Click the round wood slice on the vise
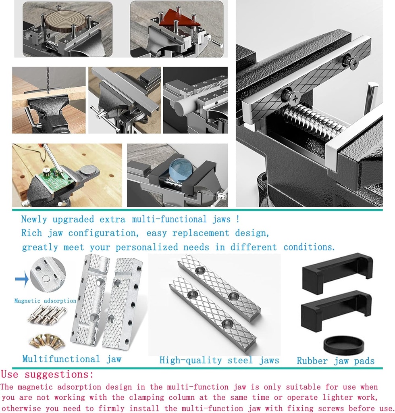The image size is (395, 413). pyautogui.click(x=66, y=22)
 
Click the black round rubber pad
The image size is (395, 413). pyautogui.click(x=344, y=345)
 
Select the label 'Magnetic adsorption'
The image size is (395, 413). pyautogui.click(x=45, y=300)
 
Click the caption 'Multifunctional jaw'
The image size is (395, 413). pyautogui.click(x=72, y=359)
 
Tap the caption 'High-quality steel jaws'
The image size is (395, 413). pyautogui.click(x=219, y=360)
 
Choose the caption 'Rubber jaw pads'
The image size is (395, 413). pyautogui.click(x=336, y=361)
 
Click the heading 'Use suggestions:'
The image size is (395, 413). pyautogui.click(x=47, y=374)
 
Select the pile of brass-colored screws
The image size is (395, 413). pyautogui.click(x=47, y=341)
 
